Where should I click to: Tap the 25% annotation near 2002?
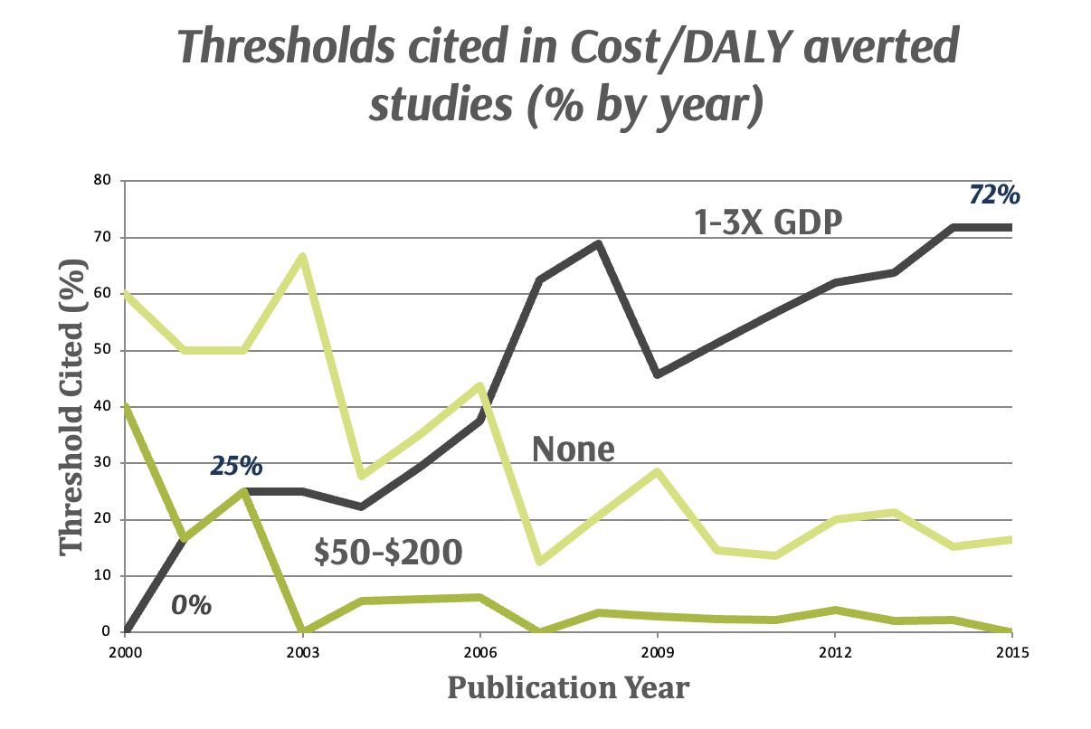coord(237,467)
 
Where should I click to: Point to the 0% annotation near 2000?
coord(192,604)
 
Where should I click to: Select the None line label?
coord(573,448)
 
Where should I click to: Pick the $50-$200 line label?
coord(388,553)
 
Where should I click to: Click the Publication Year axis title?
coord(568,689)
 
